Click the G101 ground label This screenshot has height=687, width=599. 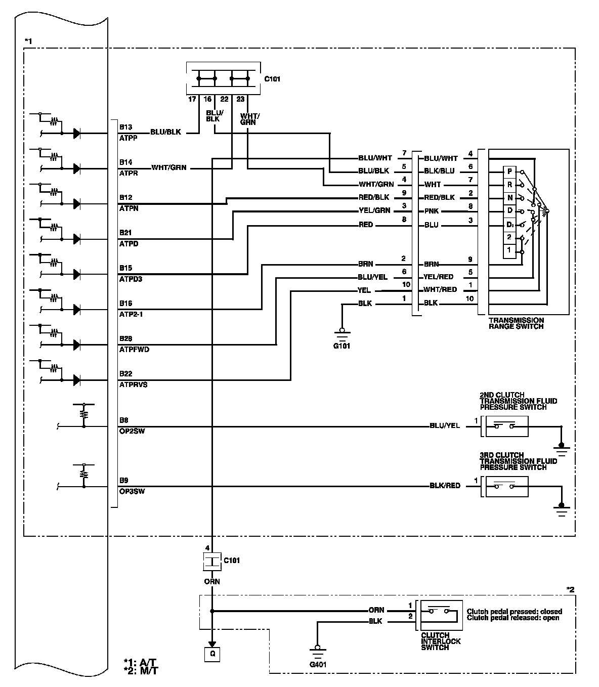(341, 346)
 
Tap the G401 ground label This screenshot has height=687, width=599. (317, 664)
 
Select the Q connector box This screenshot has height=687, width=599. (212, 654)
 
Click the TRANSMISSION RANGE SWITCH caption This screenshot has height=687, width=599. (516, 323)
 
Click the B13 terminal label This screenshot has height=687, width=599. (125, 127)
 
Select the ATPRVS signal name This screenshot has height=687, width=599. (133, 384)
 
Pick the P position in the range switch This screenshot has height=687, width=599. (510, 171)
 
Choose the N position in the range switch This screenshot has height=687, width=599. (510, 197)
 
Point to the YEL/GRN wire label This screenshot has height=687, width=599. (374, 210)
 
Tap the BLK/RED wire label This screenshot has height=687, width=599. (445, 486)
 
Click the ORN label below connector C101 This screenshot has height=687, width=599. (212, 581)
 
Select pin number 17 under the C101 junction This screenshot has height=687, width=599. (192, 100)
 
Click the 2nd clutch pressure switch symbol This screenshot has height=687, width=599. (506, 426)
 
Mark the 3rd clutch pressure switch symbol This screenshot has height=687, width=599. (506, 487)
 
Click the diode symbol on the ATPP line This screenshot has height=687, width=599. (77, 134)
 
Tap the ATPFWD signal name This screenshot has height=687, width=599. (134, 350)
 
